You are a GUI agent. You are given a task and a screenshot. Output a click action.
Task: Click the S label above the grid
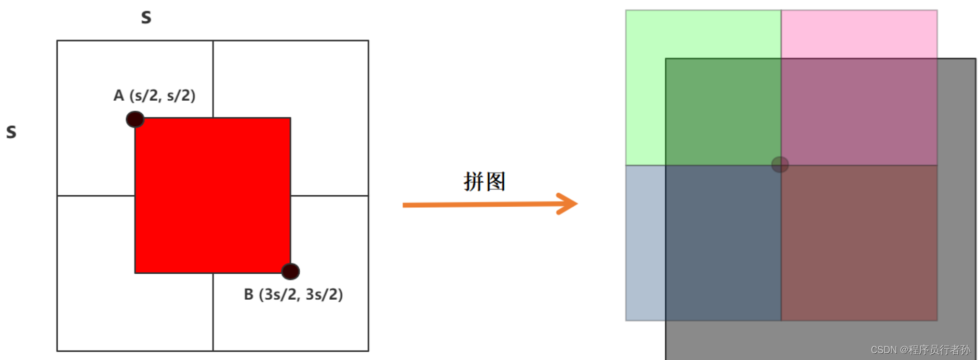(146, 18)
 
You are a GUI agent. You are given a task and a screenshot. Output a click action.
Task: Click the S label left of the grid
(11, 132)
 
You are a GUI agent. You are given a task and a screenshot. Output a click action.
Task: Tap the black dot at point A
(135, 119)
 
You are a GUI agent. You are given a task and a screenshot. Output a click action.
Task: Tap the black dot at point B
(290, 271)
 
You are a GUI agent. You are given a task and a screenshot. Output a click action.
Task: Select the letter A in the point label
(119, 96)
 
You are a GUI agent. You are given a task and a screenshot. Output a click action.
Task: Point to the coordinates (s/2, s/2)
(163, 96)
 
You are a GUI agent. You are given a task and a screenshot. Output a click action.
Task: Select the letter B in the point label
(249, 295)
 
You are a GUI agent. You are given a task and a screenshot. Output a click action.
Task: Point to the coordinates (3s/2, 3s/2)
(301, 295)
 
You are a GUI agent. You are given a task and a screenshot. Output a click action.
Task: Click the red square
(212, 195)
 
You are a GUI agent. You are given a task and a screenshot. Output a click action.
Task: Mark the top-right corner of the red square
(290, 118)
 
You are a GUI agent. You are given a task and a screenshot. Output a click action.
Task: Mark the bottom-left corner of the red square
(136, 272)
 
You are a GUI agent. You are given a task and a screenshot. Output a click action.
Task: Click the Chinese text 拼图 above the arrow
(484, 182)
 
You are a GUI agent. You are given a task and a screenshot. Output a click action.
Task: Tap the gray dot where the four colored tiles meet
(780, 165)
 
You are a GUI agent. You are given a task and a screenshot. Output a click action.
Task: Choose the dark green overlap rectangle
(723, 112)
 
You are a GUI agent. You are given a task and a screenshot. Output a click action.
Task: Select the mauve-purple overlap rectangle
(859, 112)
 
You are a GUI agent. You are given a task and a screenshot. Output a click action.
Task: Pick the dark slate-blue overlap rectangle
(723, 243)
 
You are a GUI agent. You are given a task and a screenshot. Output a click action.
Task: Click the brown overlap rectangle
(859, 243)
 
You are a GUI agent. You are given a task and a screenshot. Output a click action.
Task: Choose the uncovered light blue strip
(646, 243)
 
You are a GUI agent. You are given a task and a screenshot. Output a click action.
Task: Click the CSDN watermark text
(920, 350)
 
